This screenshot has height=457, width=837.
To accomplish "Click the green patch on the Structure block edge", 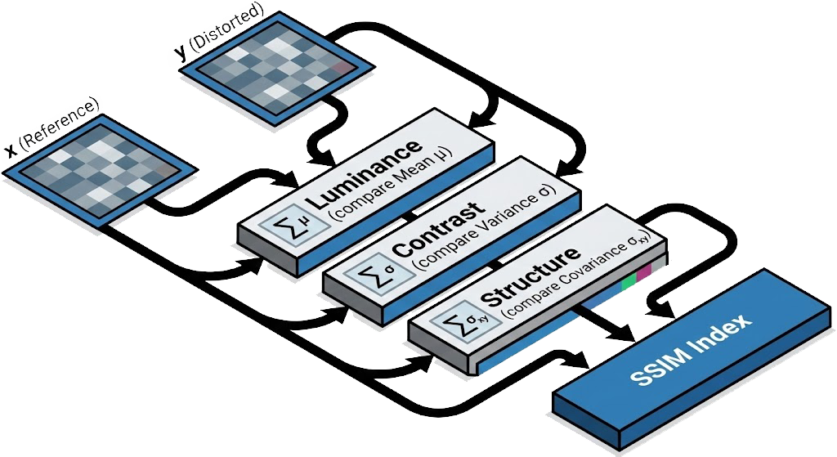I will coord(628,282).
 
